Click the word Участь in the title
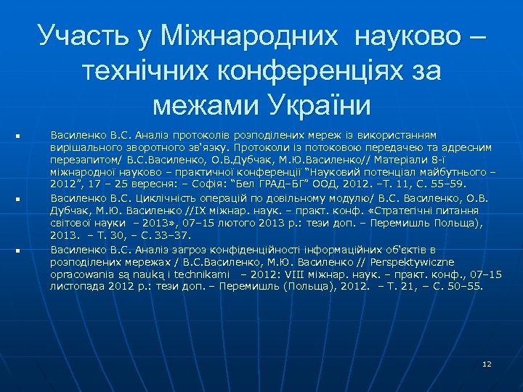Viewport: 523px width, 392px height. [x=76, y=34]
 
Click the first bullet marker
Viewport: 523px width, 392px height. [x=16, y=136]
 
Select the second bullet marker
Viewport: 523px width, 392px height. [x=16, y=198]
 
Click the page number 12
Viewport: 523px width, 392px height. [x=487, y=363]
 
